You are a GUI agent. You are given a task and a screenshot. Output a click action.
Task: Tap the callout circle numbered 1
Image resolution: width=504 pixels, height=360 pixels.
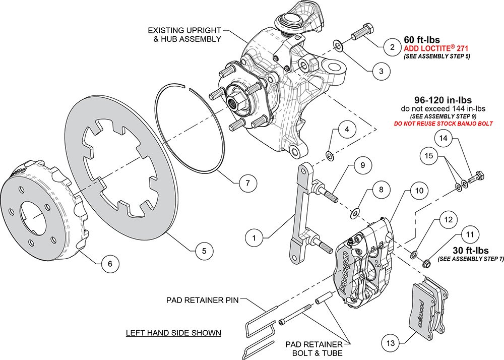[255, 236]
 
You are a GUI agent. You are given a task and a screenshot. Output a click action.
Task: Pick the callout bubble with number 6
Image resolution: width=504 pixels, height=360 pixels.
[110, 262]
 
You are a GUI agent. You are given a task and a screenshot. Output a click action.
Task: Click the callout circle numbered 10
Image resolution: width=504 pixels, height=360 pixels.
[419, 191]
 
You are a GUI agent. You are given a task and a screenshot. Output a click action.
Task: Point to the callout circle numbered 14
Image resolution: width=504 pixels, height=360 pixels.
[443, 137]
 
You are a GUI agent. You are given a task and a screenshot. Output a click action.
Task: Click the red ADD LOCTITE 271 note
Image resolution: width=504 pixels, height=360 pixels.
[436, 48]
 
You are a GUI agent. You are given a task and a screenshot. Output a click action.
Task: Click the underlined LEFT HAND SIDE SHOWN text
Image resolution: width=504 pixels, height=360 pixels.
[173, 333]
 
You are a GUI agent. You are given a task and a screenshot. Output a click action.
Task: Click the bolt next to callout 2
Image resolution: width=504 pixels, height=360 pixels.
[362, 32]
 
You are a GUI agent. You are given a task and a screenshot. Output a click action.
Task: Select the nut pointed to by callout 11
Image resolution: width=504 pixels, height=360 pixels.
[426, 263]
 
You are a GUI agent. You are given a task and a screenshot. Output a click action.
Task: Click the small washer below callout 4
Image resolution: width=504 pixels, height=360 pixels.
[329, 154]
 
